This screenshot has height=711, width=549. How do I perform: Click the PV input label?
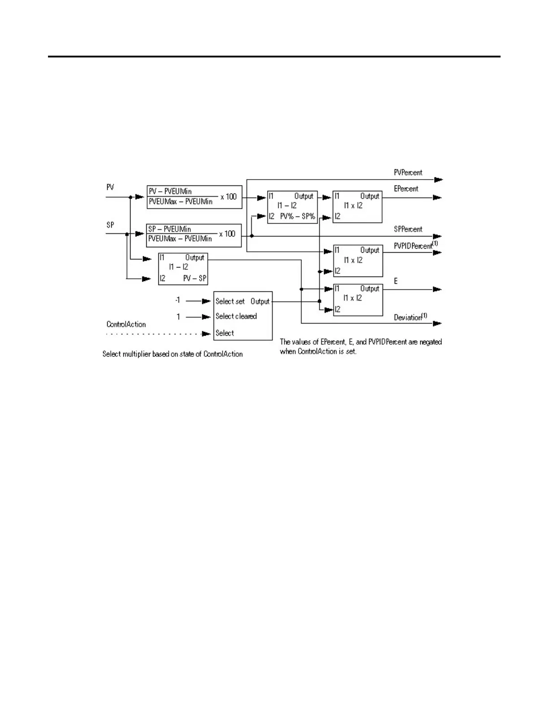coord(110,187)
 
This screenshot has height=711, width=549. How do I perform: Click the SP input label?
coord(110,225)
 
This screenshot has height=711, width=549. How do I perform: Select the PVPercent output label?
coord(408,173)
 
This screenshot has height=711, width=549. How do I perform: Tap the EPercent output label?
coord(406,189)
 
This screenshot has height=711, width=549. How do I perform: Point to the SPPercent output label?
coord(408,229)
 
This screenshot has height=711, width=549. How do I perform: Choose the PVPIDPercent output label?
coord(413,246)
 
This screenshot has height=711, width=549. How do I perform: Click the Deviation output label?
coord(408,317)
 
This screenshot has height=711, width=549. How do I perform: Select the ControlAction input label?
coord(126,325)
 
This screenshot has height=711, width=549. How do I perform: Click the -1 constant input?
coord(178,300)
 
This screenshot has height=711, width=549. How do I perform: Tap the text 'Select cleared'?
coord(236,316)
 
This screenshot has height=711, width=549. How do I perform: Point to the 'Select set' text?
coord(230,301)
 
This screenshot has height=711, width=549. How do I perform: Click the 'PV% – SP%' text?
coord(298,216)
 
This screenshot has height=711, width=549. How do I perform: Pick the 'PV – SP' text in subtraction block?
coord(195,278)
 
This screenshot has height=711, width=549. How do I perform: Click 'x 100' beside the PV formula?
coord(228,197)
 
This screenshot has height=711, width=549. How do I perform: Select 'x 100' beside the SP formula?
coord(227,234)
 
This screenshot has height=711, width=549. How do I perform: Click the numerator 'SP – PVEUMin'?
coord(170,229)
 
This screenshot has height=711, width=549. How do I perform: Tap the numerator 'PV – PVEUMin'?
coord(170,191)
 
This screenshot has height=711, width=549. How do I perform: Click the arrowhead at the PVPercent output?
coord(438,180)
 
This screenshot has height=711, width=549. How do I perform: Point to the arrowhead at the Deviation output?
coord(437,323)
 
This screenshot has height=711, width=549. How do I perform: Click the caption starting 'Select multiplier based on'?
coord(172,354)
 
